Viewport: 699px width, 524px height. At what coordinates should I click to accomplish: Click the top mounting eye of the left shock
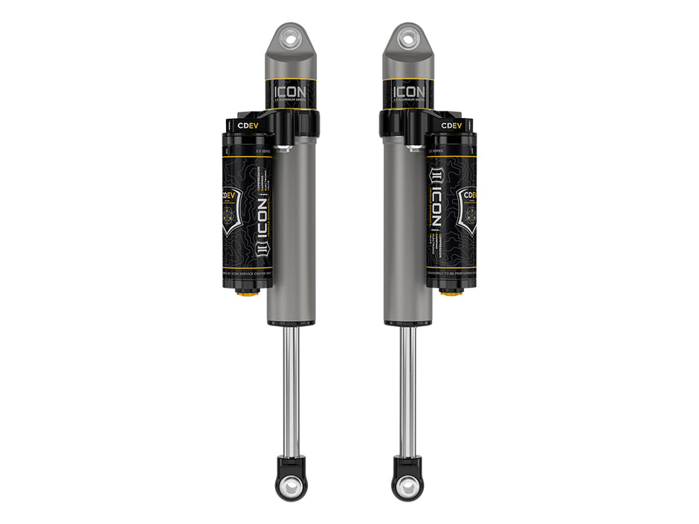(x=291, y=35)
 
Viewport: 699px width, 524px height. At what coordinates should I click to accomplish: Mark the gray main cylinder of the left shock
(x=291, y=223)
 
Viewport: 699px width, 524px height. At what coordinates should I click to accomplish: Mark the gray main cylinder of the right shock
(x=408, y=223)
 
